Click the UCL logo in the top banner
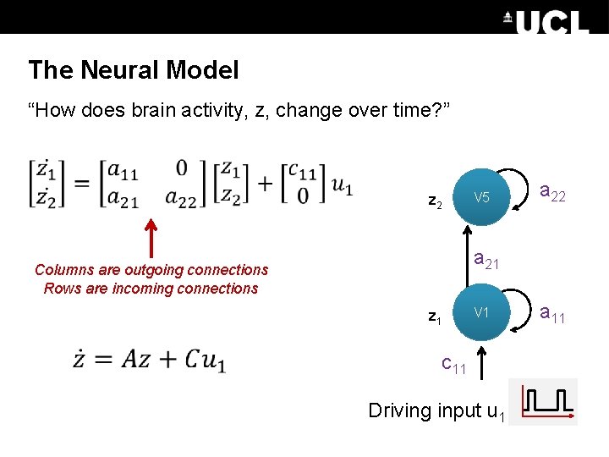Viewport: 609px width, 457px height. pyautogui.click(x=546, y=21)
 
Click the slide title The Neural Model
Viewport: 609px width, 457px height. pyautogui.click(x=134, y=70)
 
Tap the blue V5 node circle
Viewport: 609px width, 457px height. pyautogui.click(x=482, y=198)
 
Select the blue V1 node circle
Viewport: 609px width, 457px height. pyautogui.click(x=482, y=313)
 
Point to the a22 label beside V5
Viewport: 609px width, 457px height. pyautogui.click(x=552, y=195)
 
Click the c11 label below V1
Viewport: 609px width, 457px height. pyautogui.click(x=454, y=365)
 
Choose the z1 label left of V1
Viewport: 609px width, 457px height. pyautogui.click(x=435, y=317)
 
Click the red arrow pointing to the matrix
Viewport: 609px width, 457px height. pyautogui.click(x=152, y=237)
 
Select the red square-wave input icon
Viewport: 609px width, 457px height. pyautogui.click(x=549, y=402)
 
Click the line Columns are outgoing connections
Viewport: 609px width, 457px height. pyautogui.click(x=151, y=270)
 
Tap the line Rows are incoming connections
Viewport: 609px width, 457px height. pyautogui.click(x=151, y=289)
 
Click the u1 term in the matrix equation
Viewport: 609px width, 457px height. pyautogui.click(x=342, y=185)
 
